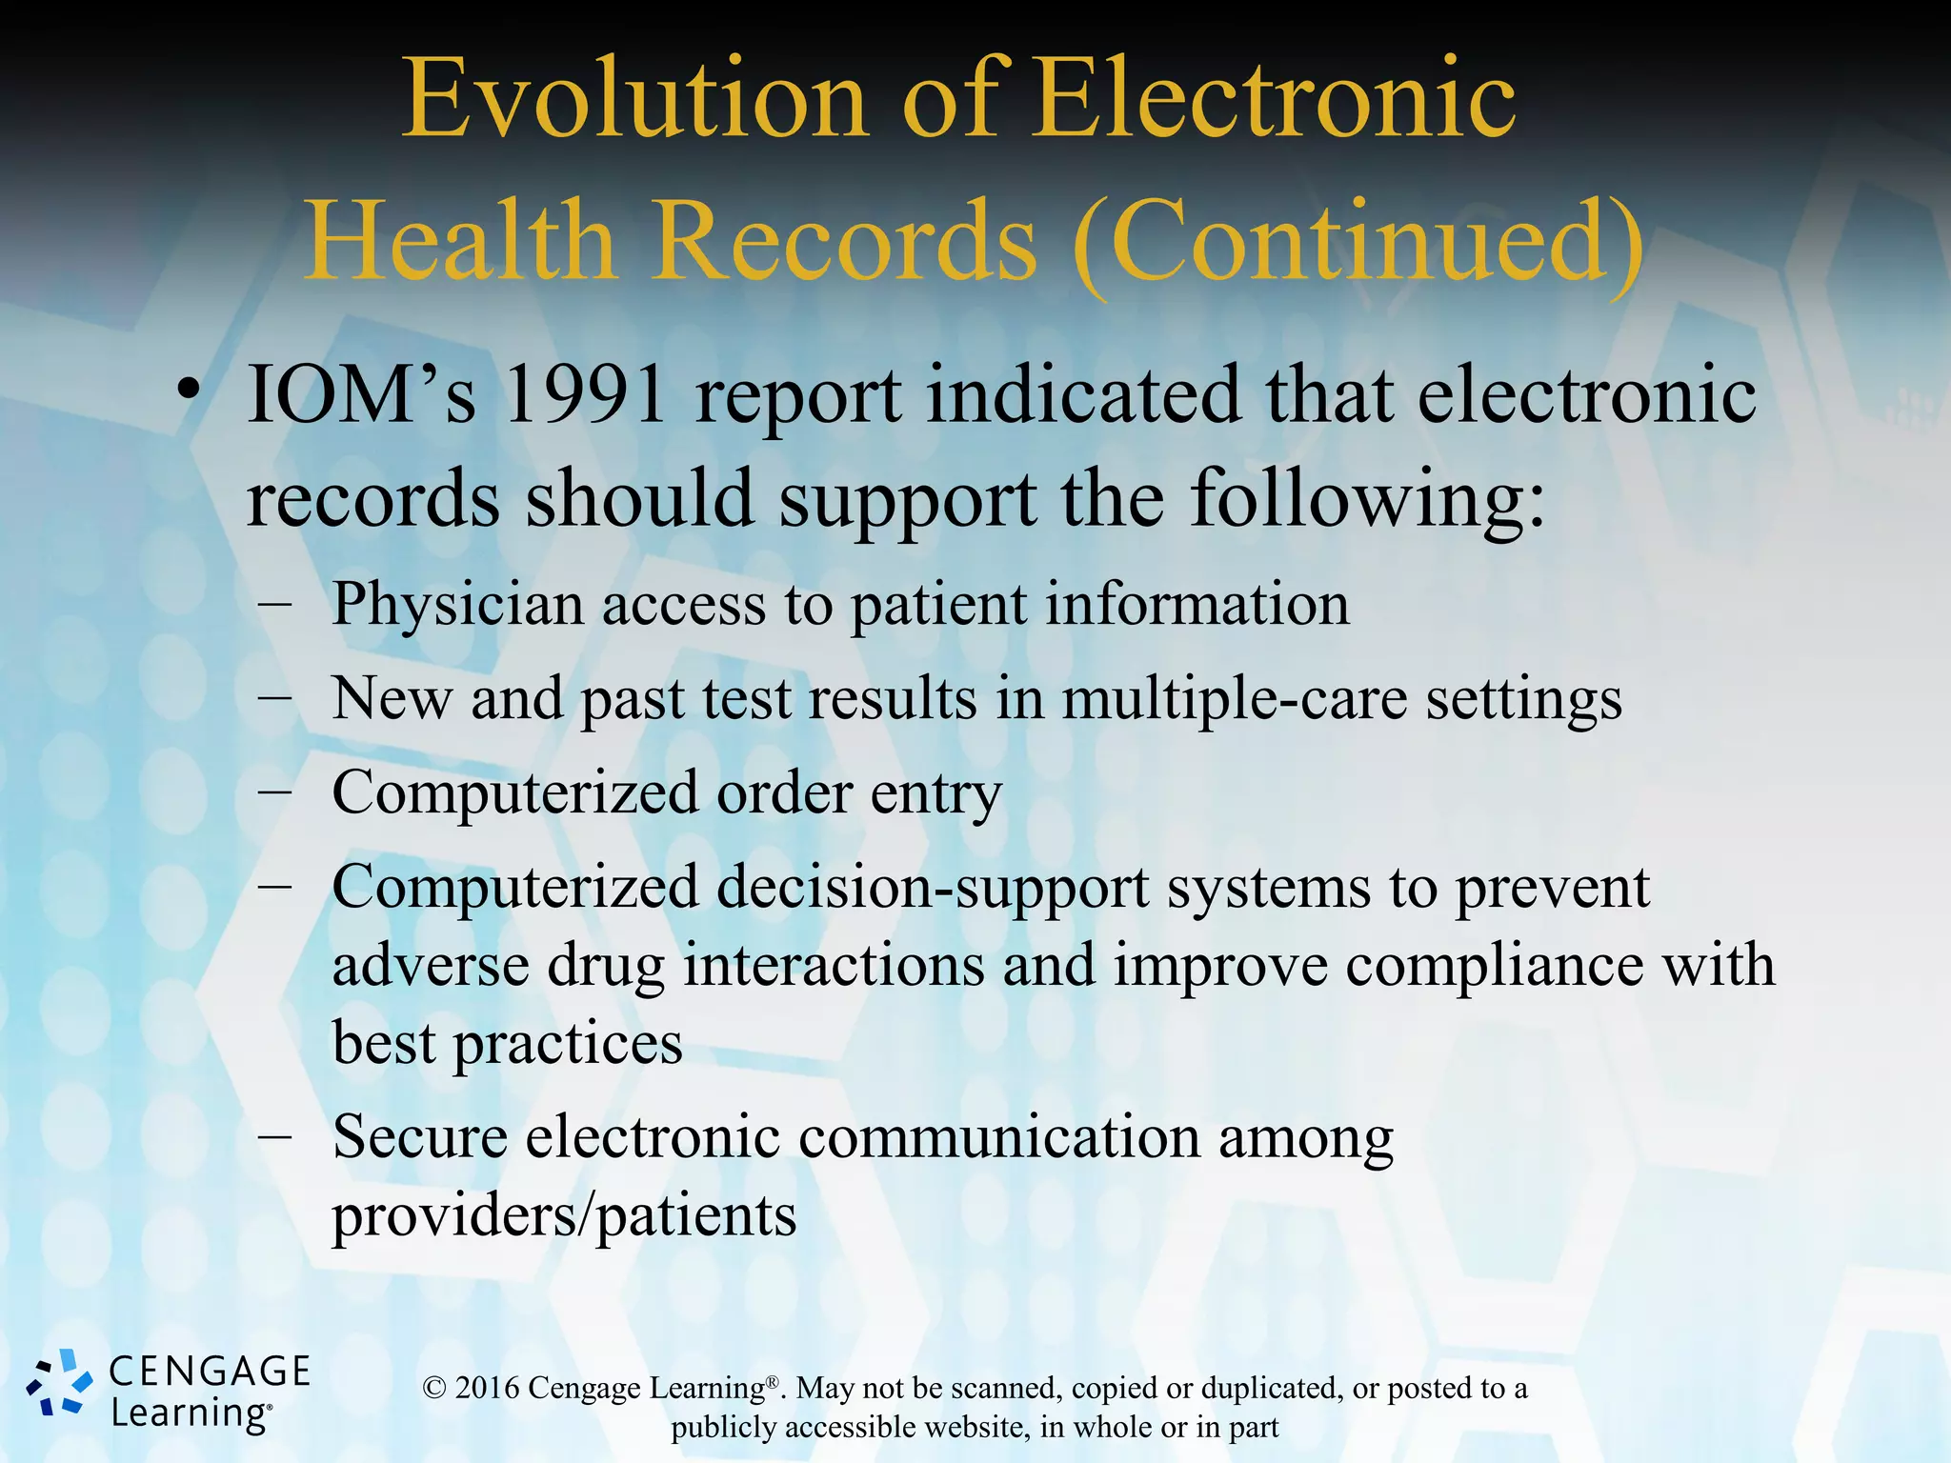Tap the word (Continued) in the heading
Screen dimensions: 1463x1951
1358,240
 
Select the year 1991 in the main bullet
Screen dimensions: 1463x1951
583,395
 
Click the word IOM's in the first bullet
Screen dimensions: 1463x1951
361,395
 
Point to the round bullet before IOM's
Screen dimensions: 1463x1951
190,390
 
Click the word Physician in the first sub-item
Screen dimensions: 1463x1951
456,605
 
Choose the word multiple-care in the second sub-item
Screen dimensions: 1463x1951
1234,700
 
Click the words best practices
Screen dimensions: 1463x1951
507,1044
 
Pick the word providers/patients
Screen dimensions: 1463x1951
563,1216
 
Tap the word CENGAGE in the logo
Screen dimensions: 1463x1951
210,1372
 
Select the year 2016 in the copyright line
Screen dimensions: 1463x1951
487,1389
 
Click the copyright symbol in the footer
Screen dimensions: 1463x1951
434,1389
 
